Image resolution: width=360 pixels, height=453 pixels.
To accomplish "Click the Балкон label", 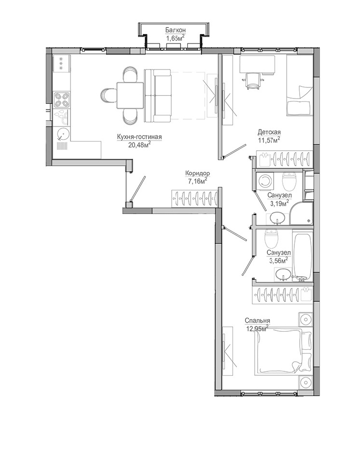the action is click(175, 30).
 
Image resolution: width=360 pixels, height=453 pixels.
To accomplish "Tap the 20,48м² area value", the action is click(140, 145).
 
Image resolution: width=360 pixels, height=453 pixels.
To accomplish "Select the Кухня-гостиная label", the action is click(139, 137).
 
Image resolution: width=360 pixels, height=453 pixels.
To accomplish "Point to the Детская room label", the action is click(269, 132).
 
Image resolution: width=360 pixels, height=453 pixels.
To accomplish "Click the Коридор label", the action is click(197, 173).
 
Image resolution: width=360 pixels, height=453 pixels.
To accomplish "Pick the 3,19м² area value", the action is click(279, 203).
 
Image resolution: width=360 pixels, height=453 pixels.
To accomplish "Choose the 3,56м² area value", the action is click(278, 261).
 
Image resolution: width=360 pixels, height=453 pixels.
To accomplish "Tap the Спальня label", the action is click(257, 321).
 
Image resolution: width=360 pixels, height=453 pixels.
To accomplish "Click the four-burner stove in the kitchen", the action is click(62, 99).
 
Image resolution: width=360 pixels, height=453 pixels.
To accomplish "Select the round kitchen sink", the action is click(63, 134).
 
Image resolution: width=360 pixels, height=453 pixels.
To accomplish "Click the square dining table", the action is click(130, 95).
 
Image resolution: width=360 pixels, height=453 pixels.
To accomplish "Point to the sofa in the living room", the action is click(158, 95).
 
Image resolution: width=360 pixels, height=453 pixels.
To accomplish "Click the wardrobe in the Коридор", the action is click(194, 198).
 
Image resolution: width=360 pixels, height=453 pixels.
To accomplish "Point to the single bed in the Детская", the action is click(299, 86).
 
